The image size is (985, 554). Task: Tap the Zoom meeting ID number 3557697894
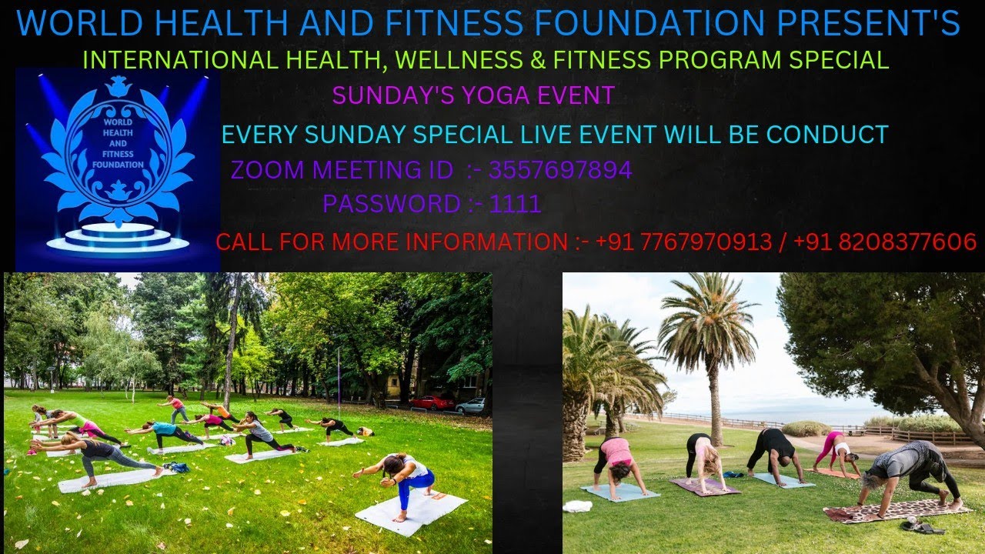point(560,170)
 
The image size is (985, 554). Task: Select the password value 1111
point(515,204)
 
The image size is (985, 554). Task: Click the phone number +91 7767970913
point(683,242)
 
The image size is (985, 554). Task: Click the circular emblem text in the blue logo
point(118,143)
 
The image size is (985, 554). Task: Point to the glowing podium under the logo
point(118,238)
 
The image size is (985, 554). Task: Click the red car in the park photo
point(432,402)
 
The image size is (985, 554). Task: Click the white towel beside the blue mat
point(577,506)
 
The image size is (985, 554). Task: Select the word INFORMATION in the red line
point(486,242)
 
